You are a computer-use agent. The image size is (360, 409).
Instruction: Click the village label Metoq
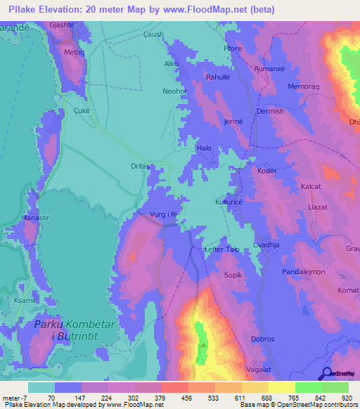(74, 53)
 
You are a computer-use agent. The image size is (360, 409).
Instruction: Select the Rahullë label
(218, 77)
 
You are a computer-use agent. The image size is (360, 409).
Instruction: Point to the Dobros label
(262, 339)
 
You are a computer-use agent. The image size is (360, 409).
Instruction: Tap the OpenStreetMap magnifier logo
(326, 374)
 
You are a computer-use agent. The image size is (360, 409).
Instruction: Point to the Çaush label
(153, 34)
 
